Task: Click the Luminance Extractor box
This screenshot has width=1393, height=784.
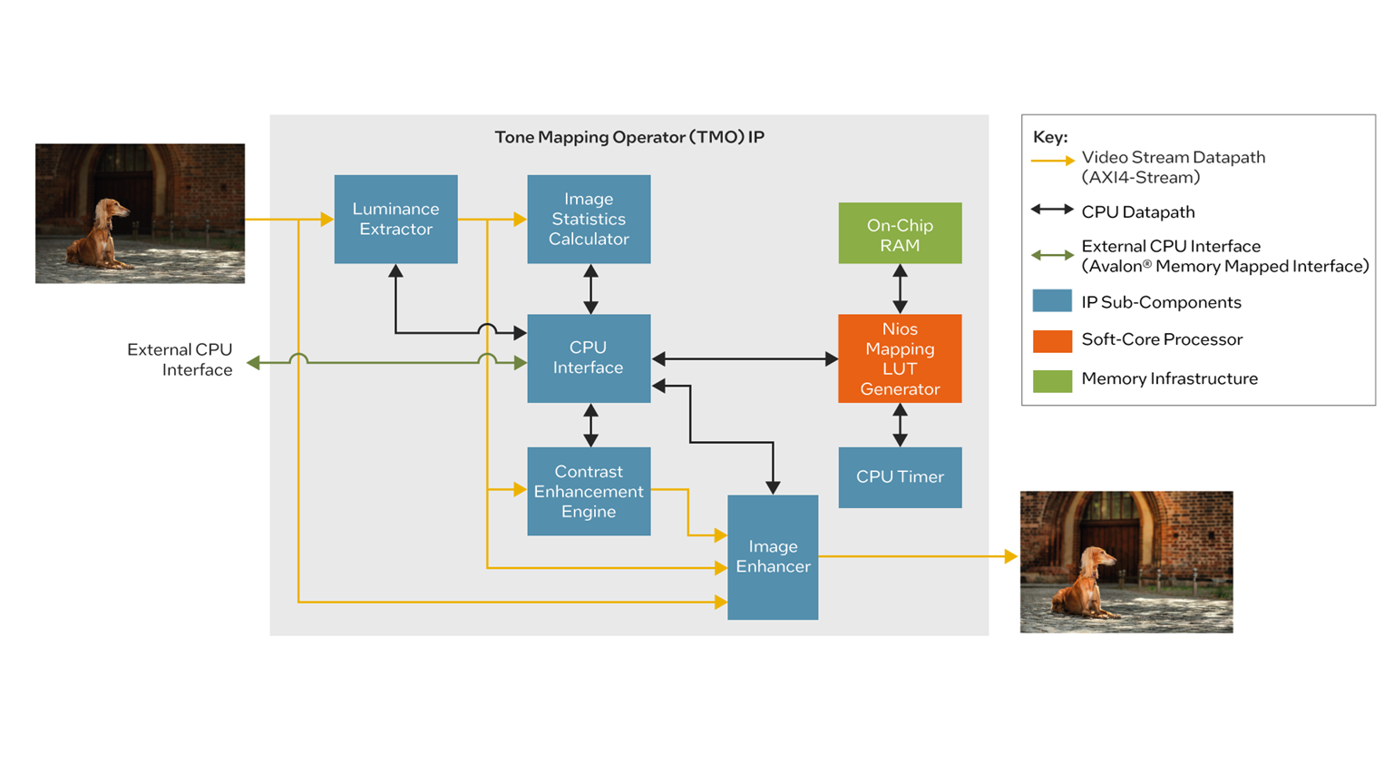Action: pos(395,219)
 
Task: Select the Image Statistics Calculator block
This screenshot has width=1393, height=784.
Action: pos(589,219)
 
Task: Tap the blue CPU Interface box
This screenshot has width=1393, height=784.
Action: pos(589,358)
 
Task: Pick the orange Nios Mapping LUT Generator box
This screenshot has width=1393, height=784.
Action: pos(900,358)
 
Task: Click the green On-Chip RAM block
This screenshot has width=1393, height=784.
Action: pos(900,233)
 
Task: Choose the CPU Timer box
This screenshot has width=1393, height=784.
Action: pos(900,476)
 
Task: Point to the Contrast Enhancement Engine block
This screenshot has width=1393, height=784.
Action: pos(589,491)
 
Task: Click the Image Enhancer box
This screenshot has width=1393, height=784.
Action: pos(773,556)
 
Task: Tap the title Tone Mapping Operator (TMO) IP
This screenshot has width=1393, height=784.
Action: pos(628,137)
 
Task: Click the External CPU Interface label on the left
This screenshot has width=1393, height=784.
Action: pos(180,359)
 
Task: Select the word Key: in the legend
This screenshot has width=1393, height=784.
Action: pos(1050,137)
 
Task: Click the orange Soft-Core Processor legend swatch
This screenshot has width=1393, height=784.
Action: pos(1052,340)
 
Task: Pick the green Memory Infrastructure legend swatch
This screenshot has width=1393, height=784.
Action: pos(1052,380)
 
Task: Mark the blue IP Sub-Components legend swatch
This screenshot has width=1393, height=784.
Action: pos(1052,301)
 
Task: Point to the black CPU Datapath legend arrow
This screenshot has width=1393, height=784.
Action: pos(1052,211)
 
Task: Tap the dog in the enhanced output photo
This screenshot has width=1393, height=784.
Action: pos(1085,582)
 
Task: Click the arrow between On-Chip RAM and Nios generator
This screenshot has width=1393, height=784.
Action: pos(900,289)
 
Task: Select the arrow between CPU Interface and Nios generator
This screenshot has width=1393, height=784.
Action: pos(745,359)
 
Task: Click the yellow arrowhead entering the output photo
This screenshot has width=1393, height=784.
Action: pos(1011,556)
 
